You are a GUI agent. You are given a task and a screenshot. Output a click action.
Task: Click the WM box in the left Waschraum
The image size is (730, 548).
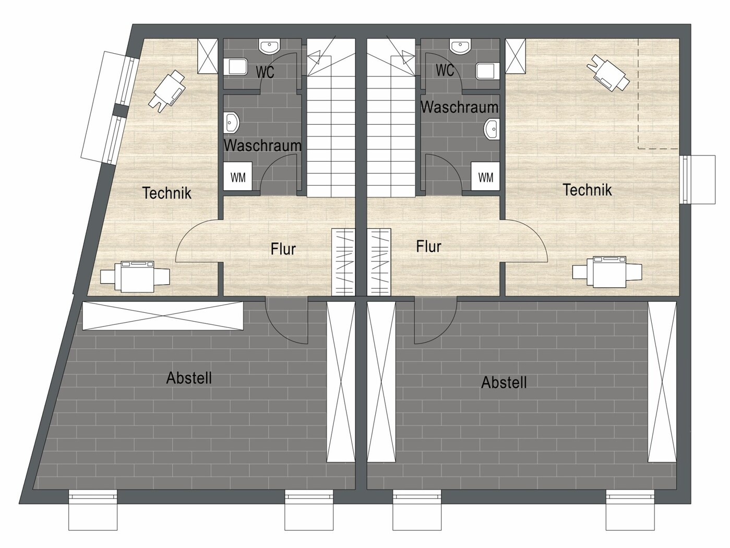[x=238, y=176]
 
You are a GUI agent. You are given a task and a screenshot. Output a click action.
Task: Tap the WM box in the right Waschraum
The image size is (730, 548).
[x=485, y=176]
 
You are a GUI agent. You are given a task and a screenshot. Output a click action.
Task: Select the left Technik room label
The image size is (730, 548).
[x=166, y=193]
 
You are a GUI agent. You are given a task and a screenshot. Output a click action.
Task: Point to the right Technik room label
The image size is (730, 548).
[x=588, y=190]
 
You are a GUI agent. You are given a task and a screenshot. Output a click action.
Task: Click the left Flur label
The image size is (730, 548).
[x=283, y=249]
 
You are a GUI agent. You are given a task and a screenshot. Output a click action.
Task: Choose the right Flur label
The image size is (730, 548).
[x=429, y=246]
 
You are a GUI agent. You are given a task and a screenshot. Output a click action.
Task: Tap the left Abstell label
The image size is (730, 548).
[x=189, y=378]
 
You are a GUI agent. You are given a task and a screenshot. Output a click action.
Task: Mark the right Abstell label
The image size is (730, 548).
[x=504, y=383]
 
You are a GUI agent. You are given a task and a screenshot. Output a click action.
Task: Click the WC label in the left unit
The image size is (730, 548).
[x=265, y=72]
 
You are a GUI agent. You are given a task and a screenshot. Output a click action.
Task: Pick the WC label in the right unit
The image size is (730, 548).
[x=445, y=70]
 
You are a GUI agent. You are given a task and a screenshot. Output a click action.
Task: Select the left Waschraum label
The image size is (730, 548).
[x=262, y=145]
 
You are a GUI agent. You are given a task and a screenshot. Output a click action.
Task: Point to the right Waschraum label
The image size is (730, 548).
[x=460, y=107]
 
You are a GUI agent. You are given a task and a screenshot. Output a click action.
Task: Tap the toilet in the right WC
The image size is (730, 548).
[x=488, y=71]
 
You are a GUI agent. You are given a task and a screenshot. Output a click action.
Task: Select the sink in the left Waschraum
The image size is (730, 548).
[x=232, y=123]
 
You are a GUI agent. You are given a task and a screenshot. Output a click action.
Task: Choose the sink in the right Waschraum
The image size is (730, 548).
[x=492, y=128]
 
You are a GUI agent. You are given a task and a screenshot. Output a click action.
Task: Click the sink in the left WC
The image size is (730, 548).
[x=270, y=46]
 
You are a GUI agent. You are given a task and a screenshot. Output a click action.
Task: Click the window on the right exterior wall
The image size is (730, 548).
[x=698, y=179]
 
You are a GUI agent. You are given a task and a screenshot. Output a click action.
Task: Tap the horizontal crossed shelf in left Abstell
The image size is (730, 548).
[x=163, y=315]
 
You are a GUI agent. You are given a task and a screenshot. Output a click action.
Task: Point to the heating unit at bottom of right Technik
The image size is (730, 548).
[x=607, y=272]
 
